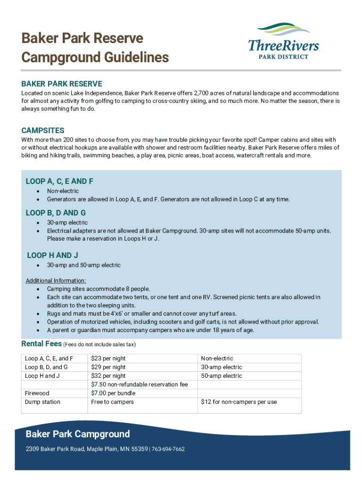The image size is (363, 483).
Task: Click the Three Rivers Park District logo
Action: point(283,41)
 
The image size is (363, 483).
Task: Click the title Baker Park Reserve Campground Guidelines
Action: point(95,48)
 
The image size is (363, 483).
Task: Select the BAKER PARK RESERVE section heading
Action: point(61,83)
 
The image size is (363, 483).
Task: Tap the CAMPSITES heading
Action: point(43,130)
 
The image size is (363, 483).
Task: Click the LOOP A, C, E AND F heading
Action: point(59,181)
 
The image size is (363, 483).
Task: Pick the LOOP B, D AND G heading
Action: point(56,213)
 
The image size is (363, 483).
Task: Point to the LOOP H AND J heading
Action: point(52,255)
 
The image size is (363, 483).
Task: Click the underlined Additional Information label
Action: point(56,281)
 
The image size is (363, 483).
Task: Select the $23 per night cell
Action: point(108,358)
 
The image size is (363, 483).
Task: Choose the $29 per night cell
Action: point(108,367)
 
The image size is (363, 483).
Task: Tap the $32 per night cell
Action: point(108,376)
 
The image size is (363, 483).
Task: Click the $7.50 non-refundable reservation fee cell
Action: point(140,384)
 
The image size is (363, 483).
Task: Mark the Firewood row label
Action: point(37,393)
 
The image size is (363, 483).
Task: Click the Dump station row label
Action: point(42,402)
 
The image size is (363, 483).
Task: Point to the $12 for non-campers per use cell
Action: point(239,402)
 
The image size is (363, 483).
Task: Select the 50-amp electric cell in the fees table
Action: point(222,376)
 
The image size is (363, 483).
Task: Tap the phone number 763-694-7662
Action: point(168,449)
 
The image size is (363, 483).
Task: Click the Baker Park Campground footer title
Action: point(78,434)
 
